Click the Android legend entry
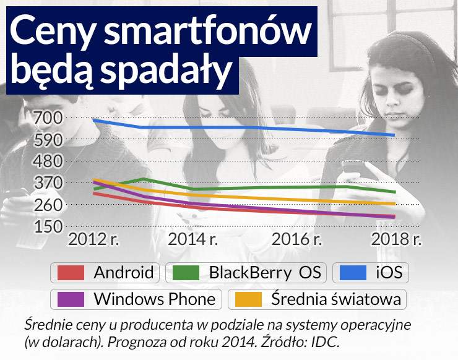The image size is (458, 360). point(106,272)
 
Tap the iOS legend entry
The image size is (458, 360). point(371,272)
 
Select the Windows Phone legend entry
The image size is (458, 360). point(136,299)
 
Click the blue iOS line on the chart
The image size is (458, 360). point(248,127)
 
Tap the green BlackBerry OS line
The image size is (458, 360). point(279,187)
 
